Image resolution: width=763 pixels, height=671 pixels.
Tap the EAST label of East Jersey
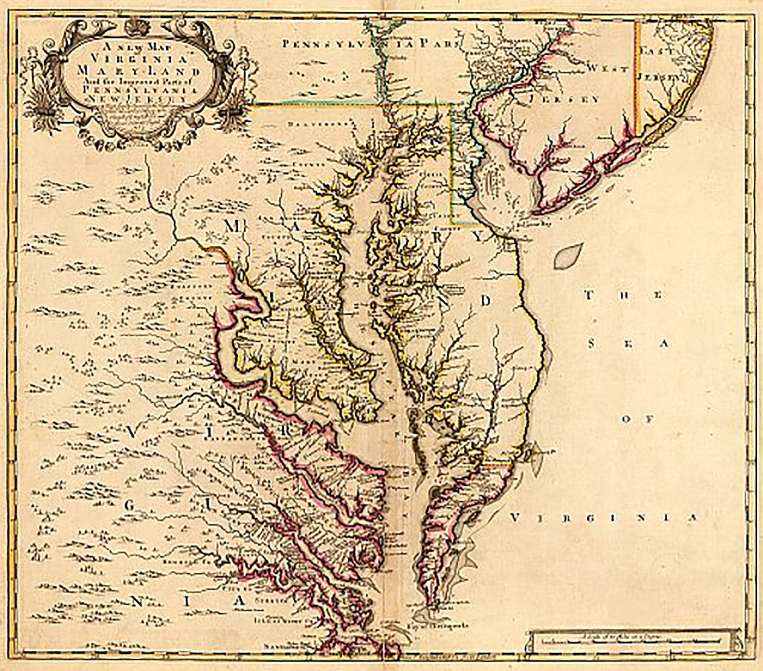(664, 52)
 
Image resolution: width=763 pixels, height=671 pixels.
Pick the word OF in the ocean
(637, 419)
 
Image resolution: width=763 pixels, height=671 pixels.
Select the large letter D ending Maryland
(486, 300)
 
